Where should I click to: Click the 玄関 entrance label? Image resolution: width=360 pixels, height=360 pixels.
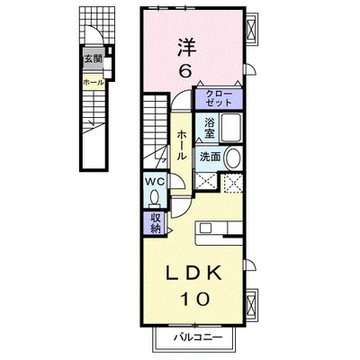(93, 59)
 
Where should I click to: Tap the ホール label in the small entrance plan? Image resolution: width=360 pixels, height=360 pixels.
(94, 82)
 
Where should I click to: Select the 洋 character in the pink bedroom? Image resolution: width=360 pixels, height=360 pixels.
(186, 47)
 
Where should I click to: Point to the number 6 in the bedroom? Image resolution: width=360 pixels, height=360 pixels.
(184, 71)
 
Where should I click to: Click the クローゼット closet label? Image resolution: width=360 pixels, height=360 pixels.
(219, 98)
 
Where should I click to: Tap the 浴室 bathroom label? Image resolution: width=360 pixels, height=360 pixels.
(210, 128)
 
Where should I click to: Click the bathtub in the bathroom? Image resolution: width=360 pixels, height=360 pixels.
(231, 129)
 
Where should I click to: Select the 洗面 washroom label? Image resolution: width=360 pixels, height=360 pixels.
(211, 157)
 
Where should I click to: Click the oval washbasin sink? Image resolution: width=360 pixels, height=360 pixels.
(233, 157)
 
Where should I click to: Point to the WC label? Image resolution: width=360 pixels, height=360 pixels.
(155, 181)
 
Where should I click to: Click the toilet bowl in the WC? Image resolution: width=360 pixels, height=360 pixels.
(155, 199)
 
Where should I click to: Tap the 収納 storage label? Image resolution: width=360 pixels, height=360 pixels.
(156, 223)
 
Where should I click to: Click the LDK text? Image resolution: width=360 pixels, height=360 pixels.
(193, 273)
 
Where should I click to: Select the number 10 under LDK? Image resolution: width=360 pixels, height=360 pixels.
(194, 299)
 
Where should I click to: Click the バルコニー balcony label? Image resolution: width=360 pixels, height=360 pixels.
(198, 337)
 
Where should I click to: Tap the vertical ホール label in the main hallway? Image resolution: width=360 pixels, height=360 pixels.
(182, 145)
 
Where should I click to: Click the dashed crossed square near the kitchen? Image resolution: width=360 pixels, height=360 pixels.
(233, 183)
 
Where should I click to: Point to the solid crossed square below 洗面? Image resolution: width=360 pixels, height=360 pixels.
(206, 181)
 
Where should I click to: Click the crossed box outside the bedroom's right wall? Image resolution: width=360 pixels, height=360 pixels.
(251, 28)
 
